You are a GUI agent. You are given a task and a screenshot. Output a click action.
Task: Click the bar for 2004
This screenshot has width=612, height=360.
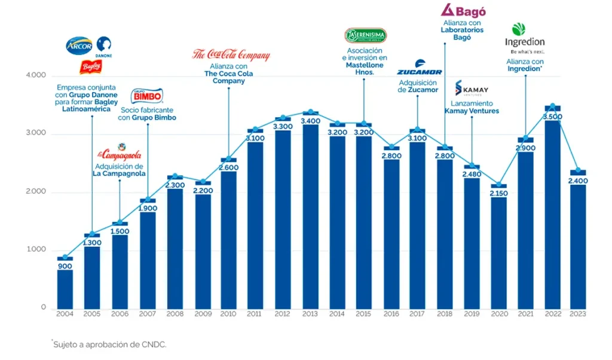(65, 287)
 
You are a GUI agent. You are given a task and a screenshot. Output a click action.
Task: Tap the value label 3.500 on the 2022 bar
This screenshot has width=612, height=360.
(553, 117)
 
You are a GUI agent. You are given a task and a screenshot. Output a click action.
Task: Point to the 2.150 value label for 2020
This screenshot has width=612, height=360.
(498, 194)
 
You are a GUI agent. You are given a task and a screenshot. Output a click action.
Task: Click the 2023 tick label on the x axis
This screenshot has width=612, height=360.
(578, 314)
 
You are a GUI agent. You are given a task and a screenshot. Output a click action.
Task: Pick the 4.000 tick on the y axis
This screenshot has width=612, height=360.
(35, 76)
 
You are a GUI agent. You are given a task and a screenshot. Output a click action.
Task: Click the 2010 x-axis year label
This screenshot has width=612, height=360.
(228, 314)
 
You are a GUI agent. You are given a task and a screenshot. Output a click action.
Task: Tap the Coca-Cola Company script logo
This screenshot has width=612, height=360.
(231, 55)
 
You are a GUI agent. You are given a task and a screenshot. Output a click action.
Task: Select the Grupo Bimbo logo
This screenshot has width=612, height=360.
(147, 96)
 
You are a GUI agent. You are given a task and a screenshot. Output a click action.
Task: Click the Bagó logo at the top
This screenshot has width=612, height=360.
(463, 10)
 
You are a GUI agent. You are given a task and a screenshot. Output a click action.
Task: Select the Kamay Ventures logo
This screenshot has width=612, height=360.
(472, 89)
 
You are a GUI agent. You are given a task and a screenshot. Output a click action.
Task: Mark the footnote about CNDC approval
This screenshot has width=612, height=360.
(110, 344)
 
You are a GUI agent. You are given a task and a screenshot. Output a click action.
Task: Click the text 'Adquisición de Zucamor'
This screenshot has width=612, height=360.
(418, 86)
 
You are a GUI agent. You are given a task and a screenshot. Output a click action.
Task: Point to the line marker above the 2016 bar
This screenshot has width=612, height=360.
(391, 147)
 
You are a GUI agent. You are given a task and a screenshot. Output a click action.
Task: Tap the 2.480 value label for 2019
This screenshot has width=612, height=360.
(472, 174)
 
